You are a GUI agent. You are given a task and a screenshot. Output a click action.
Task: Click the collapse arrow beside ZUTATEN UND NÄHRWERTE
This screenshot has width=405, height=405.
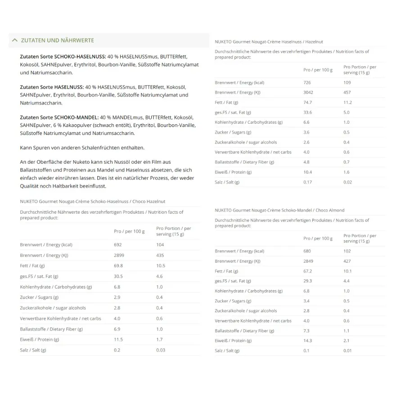(15, 40)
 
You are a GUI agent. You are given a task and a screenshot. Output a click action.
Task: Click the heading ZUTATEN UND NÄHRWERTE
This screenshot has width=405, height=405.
(57, 40)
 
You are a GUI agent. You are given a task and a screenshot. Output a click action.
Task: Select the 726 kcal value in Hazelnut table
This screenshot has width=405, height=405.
(307, 83)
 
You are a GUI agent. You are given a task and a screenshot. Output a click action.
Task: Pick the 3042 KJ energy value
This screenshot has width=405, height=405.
(309, 93)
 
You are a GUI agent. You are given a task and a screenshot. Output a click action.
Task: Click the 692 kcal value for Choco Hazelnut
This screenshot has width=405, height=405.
(118, 245)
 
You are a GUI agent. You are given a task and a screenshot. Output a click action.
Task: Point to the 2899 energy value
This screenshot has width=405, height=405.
(119, 255)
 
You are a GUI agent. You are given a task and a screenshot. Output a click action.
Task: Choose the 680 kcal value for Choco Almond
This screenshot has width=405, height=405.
(307, 251)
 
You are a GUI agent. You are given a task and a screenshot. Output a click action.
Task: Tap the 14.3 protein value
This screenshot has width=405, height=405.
(308, 341)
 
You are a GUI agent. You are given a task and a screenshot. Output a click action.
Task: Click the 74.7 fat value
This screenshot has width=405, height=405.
(308, 103)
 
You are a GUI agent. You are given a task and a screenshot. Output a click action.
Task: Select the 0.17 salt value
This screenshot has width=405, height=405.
(308, 182)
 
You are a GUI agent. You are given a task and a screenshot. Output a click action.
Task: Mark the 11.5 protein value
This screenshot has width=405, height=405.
(118, 339)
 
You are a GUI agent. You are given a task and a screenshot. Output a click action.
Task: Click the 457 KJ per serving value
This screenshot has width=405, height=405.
(347, 93)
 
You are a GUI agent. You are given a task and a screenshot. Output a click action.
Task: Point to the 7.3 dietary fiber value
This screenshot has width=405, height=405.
(307, 331)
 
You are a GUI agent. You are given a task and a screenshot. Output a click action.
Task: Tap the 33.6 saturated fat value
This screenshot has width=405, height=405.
(308, 112)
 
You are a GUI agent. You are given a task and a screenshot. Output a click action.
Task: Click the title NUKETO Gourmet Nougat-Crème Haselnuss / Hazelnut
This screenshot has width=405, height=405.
(269, 42)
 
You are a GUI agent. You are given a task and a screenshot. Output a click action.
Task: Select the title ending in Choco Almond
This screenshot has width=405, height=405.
(279, 210)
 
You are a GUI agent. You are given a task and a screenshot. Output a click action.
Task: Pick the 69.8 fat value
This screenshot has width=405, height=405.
(118, 266)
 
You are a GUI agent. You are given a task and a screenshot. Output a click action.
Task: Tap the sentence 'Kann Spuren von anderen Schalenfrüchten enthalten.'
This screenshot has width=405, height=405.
(82, 148)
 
